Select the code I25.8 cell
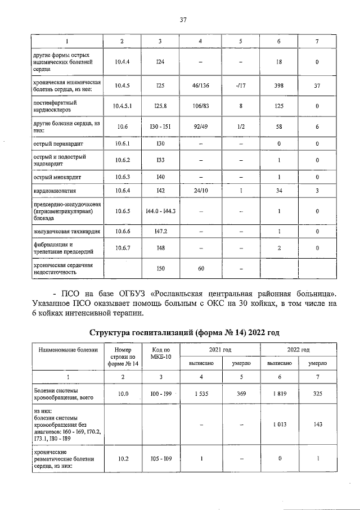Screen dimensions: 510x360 coord(160,105)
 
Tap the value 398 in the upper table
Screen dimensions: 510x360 coord(278,85)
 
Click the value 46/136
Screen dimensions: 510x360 coord(201,85)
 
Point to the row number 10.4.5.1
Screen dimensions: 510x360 coord(122,105)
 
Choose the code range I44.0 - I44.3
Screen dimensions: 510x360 coord(160,211)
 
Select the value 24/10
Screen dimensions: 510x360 coord(201,192)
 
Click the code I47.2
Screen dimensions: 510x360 coord(160,231)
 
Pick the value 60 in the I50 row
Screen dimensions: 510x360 coord(201,269)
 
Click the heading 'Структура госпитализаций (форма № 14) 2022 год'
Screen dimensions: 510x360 coord(182,332)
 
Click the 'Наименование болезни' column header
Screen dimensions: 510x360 coord(68,350)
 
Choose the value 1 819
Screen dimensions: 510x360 coord(278,394)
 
